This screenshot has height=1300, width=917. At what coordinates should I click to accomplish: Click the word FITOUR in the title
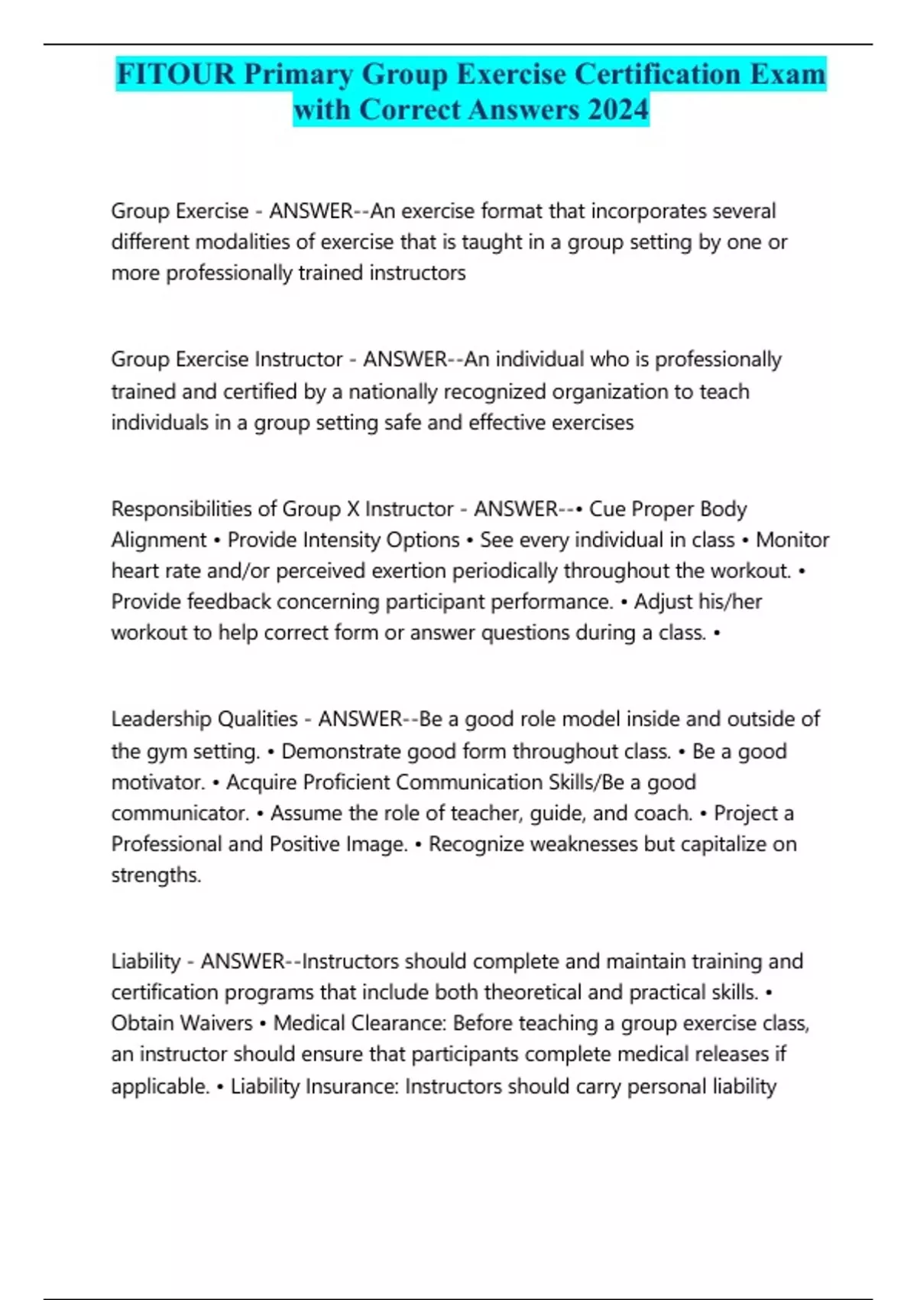(176, 74)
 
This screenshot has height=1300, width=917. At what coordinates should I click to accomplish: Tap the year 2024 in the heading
(618, 109)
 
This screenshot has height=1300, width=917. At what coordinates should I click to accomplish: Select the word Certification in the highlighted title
(658, 74)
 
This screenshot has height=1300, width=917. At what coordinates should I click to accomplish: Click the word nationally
(394, 392)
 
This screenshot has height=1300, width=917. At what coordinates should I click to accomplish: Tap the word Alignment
(158, 540)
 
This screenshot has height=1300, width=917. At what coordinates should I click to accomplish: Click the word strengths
(156, 875)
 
